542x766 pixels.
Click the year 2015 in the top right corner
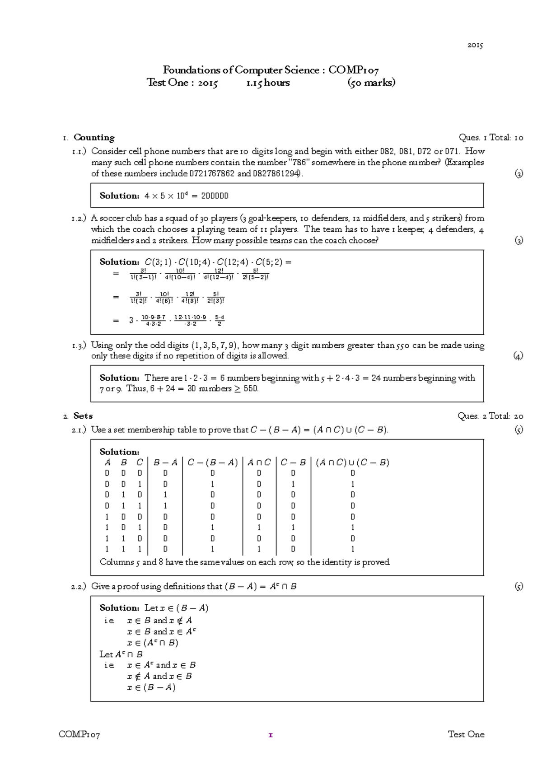click(x=475, y=45)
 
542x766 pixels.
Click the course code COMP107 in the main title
click(x=353, y=70)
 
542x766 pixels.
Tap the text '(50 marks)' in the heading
click(x=371, y=83)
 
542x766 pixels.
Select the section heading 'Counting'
click(x=94, y=137)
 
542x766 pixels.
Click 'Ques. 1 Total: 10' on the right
click(x=491, y=137)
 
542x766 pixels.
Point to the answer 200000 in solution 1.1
click(x=215, y=196)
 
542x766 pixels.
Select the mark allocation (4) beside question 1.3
click(x=518, y=356)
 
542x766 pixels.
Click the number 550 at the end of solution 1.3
click(x=250, y=389)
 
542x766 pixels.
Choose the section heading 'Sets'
click(x=83, y=416)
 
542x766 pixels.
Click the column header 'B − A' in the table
click(x=165, y=462)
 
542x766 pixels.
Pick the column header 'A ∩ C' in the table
click(x=259, y=462)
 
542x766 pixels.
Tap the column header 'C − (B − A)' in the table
click(x=212, y=462)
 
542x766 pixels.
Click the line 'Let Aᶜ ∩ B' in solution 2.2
click(x=121, y=654)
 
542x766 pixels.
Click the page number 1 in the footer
click(x=271, y=735)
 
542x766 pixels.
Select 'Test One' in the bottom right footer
click(x=466, y=734)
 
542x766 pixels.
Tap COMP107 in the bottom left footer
click(x=79, y=735)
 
